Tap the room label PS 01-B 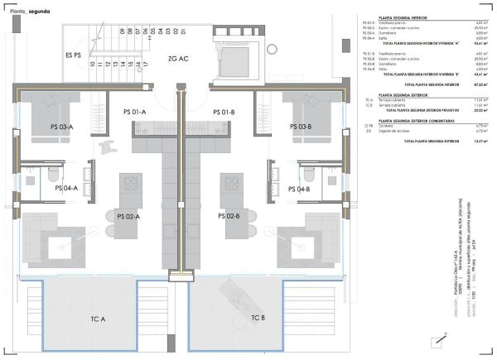[x=225, y=112]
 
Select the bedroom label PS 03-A [x=61, y=127]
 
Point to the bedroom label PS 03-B [x=300, y=127]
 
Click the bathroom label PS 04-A [x=66, y=189]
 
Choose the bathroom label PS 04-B [x=297, y=189]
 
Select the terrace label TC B [x=258, y=318]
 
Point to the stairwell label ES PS [x=74, y=55]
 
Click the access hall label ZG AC [x=178, y=60]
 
